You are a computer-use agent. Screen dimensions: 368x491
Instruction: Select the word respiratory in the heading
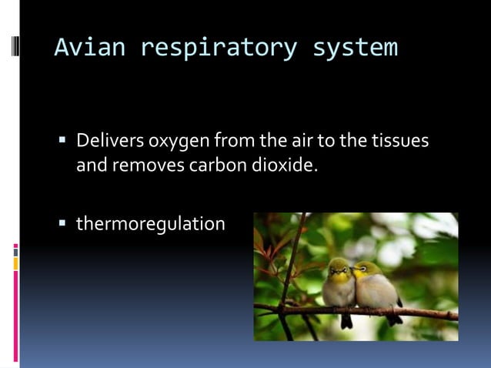(x=217, y=48)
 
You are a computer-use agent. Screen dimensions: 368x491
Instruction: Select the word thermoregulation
(x=150, y=225)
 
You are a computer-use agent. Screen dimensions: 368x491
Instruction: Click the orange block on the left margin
(x=15, y=264)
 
